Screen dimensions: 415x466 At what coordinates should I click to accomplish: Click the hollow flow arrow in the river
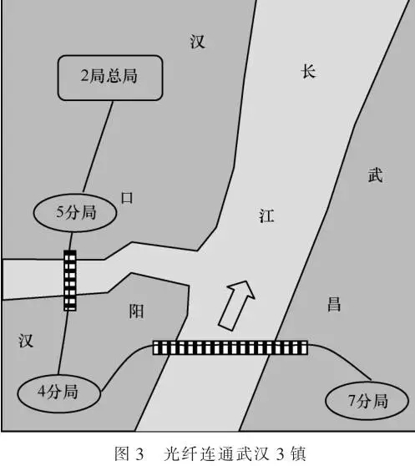237,305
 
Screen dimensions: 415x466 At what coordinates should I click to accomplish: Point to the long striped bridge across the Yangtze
230,347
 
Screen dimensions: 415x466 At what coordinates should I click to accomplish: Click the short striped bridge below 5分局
70,281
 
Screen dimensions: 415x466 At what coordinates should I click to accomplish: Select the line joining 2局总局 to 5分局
98,147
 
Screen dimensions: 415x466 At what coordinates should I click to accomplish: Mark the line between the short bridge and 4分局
63,342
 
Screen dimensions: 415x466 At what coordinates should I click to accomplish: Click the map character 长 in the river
308,72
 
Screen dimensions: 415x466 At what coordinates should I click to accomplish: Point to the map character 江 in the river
266,215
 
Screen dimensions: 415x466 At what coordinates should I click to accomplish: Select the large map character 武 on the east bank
375,175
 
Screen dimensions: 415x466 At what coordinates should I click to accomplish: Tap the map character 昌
334,304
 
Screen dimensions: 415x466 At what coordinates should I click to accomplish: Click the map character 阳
136,312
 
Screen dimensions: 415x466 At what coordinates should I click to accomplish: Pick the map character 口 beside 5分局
127,198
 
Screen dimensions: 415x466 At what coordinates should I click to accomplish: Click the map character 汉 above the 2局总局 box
197,41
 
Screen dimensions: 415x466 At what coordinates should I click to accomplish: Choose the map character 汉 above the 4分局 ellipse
26,341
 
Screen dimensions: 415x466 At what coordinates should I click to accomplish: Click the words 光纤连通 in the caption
196,453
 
